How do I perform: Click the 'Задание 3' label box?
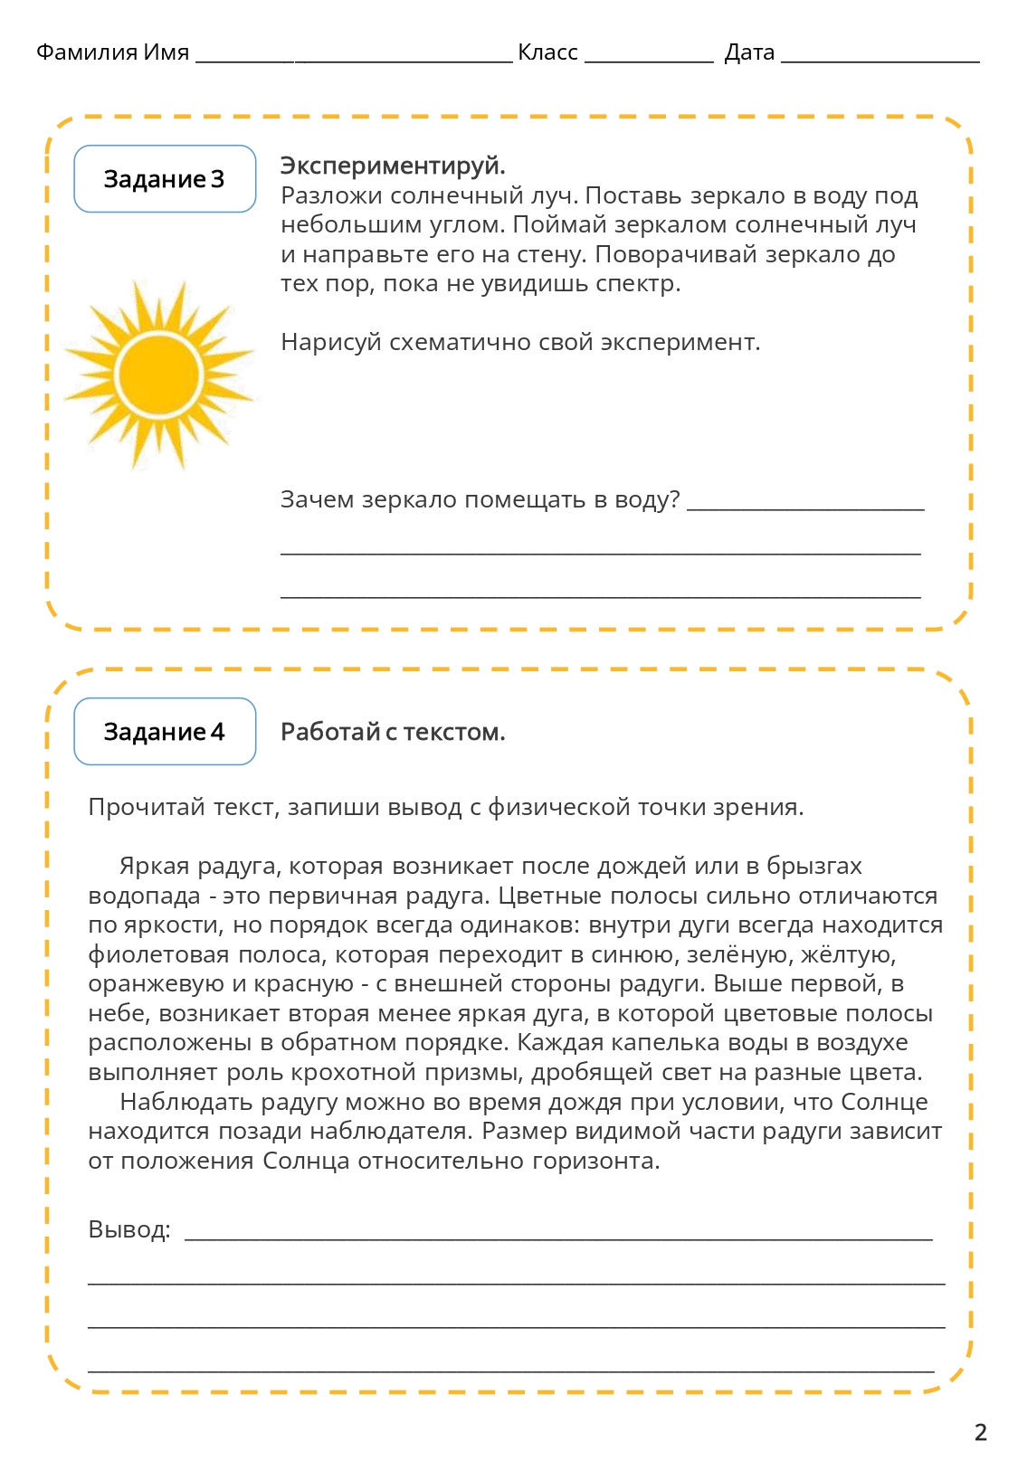[x=164, y=179]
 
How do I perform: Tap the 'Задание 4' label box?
[x=164, y=732]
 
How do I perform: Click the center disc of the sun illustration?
[x=159, y=373]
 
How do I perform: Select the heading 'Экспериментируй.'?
[x=393, y=166]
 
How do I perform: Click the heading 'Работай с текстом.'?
[x=393, y=732]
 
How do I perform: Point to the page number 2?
[x=980, y=1432]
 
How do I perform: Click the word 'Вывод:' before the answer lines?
[x=129, y=1230]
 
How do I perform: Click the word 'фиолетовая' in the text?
[x=160, y=955]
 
